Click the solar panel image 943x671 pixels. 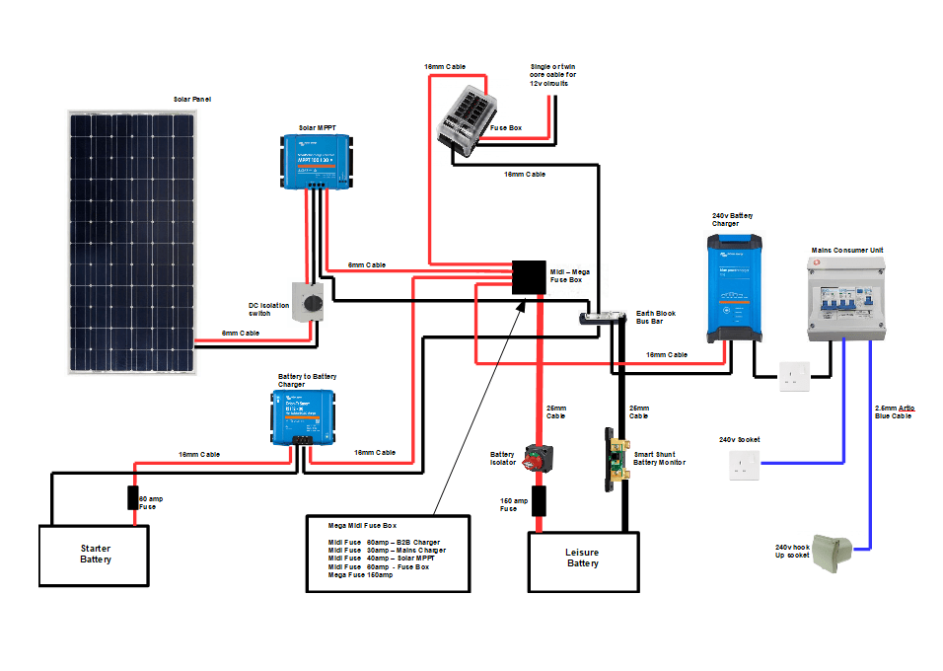tap(131, 241)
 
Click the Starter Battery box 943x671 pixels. tap(94, 555)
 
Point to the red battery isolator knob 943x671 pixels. tap(539, 459)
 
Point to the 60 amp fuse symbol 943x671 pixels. tap(132, 498)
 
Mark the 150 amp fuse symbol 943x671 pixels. tap(539, 500)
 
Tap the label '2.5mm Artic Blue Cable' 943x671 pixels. tap(893, 411)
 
